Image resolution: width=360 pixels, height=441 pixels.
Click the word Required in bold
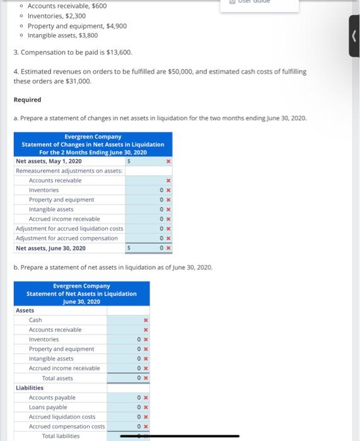click(27, 100)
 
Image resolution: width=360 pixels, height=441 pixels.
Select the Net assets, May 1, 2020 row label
click(49, 161)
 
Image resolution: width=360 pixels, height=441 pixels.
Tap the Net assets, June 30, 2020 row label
click(50, 248)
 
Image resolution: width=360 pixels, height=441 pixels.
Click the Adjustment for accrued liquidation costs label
click(69, 228)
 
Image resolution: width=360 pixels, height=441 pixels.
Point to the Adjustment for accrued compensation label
click(66, 238)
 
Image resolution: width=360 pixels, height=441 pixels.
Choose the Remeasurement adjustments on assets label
click(69, 171)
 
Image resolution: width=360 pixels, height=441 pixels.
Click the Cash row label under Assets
click(35, 320)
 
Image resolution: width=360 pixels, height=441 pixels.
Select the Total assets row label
click(57, 378)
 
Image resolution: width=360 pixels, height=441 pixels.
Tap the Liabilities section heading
click(30, 388)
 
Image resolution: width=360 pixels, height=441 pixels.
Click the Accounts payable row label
click(52, 398)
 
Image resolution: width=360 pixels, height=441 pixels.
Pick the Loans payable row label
click(48, 407)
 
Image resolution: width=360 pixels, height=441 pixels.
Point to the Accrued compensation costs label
click(67, 427)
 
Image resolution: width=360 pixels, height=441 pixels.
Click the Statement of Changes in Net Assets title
click(93, 144)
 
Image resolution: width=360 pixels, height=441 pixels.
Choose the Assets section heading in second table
click(25, 311)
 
